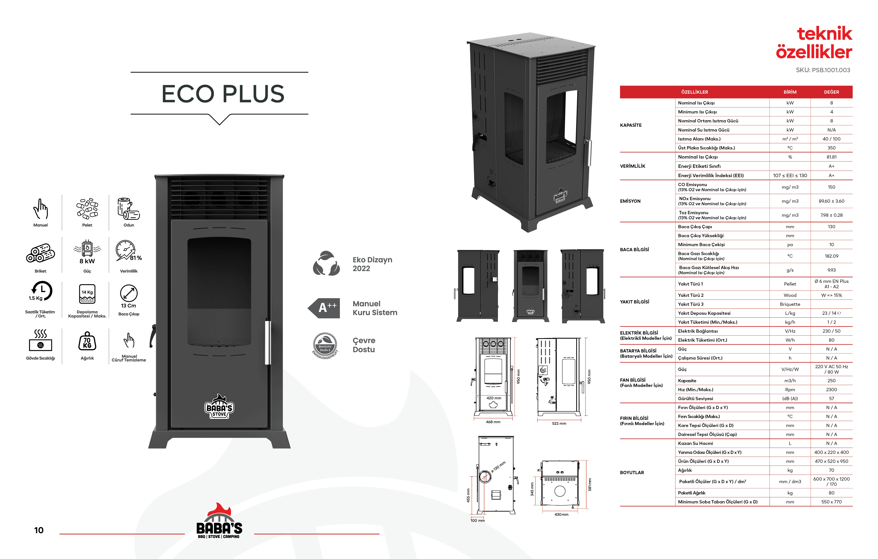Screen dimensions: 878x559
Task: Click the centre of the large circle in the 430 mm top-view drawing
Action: (x=560, y=491)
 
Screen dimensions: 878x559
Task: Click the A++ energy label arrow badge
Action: (x=324, y=308)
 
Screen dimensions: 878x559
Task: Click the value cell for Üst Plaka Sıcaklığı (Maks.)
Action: (x=831, y=148)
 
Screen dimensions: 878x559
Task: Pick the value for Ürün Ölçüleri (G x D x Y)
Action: (x=831, y=461)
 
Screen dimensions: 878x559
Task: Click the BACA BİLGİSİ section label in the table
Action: (x=634, y=249)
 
